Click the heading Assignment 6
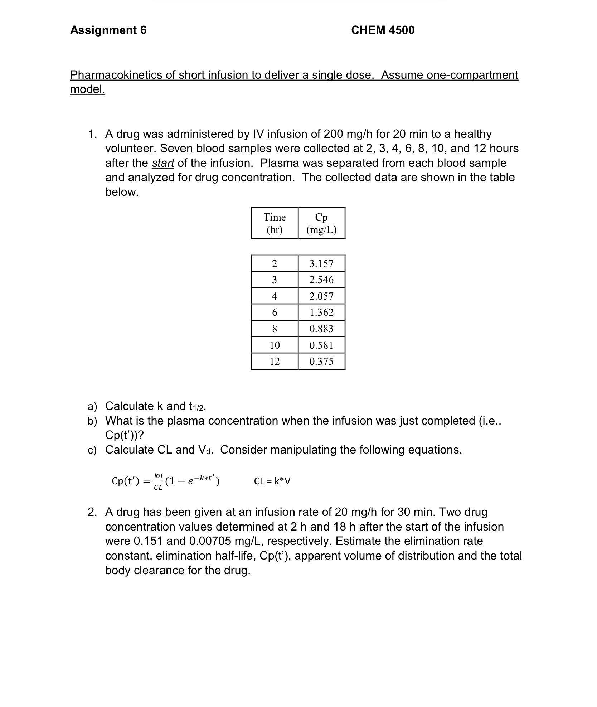coord(108,30)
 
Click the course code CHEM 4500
coord(383,30)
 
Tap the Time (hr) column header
coord(275,223)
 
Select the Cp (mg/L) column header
coord(321,223)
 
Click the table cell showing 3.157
coord(321,263)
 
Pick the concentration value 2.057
coord(321,296)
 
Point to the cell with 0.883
coord(321,329)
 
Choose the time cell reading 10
coord(275,345)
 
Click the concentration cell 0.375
coord(321,361)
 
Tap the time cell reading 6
coord(275,313)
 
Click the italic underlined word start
coord(163,163)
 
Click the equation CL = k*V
coord(272,481)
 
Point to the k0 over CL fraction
coord(158,481)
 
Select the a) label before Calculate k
coord(92,406)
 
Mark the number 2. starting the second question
coord(92,512)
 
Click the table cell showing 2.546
coord(321,280)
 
